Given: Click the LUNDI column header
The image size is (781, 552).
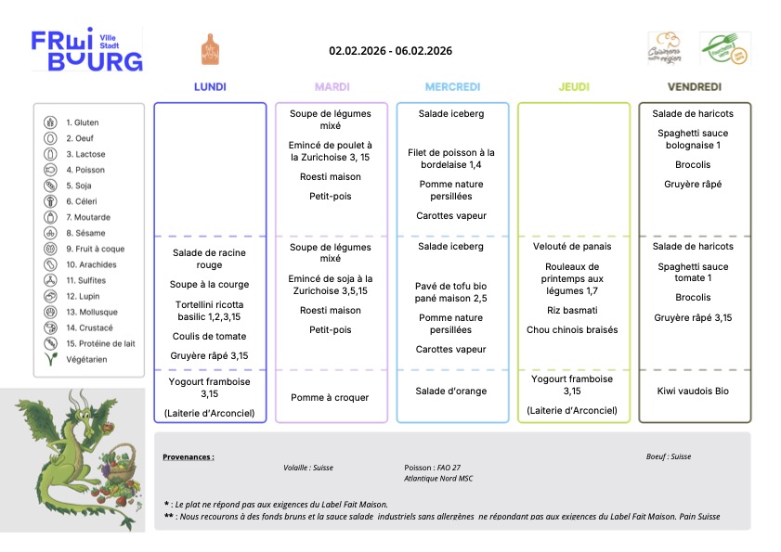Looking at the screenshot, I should pos(210,87).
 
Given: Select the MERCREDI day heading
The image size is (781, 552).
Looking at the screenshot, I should pos(452,87).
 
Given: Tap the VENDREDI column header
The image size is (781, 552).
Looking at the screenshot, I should pos(695,87).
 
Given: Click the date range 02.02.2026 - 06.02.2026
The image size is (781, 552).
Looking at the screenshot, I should pos(390,50).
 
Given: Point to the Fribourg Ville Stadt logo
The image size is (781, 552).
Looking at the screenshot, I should pos(87,50).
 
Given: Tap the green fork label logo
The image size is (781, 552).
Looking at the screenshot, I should pos(724,49).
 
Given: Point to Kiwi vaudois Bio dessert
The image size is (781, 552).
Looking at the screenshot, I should pos(693,391).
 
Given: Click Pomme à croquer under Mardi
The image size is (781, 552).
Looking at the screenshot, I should pos(330,397).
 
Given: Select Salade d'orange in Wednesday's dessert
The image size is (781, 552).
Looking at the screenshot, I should pos(451,391).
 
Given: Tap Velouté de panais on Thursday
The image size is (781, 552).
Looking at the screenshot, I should pos(573,247).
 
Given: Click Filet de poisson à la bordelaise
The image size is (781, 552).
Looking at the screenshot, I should pos(451,159).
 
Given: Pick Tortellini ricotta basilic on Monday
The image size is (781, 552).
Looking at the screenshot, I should pos(209,311).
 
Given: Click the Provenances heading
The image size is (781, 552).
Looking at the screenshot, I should pos(189,456).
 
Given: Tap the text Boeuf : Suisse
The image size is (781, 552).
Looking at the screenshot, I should pos(669,456).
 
